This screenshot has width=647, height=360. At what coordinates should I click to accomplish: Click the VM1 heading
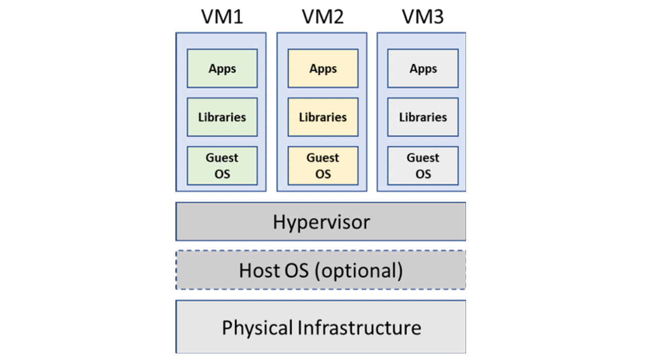tap(222, 17)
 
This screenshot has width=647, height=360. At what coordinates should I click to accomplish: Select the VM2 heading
tap(322, 17)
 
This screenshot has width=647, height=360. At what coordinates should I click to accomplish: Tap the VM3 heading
tap(423, 17)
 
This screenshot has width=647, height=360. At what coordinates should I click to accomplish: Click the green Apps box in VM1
tap(222, 68)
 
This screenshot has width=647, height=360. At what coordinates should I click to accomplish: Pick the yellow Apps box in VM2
tap(322, 68)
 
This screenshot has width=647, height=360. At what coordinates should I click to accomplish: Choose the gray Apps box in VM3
tap(423, 68)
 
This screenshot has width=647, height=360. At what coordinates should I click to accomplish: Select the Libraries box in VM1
tap(222, 117)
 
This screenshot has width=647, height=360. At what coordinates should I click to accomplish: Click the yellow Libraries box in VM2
tap(322, 117)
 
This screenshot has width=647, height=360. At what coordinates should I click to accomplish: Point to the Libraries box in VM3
tap(423, 117)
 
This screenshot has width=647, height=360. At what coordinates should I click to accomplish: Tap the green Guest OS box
tap(222, 166)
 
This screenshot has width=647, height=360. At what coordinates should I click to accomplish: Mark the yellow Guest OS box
tap(322, 166)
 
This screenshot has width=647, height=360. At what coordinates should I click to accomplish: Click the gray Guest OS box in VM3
tap(423, 166)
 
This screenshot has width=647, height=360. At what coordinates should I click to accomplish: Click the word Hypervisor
tap(321, 222)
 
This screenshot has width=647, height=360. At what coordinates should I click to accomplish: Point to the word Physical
tap(257, 328)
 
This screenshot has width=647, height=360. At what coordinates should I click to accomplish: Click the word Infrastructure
tap(359, 327)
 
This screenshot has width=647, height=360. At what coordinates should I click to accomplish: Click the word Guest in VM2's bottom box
tap(322, 158)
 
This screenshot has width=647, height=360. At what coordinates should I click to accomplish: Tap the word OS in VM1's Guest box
tap(222, 174)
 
